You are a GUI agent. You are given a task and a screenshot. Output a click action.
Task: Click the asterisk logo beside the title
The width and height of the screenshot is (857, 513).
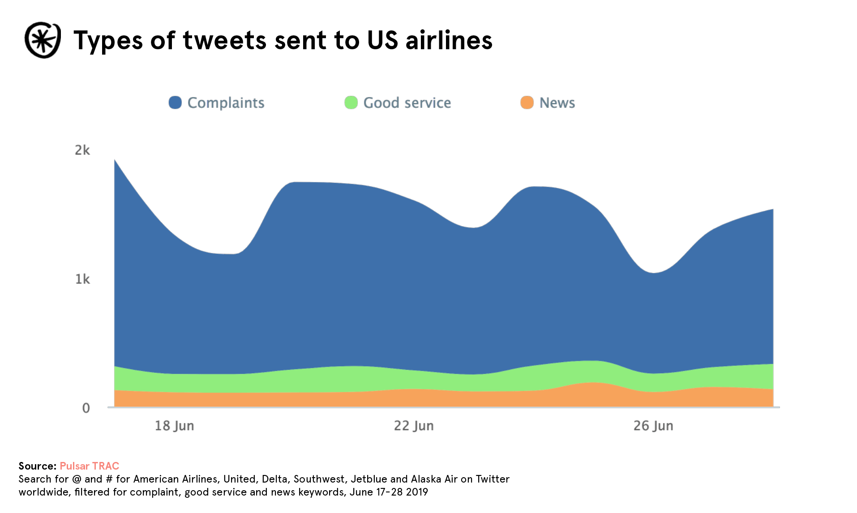[x=43, y=40]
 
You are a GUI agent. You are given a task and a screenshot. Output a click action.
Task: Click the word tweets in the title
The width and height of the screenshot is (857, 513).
[x=224, y=40]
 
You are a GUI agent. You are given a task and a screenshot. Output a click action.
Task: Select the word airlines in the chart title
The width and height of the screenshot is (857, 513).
[x=449, y=40]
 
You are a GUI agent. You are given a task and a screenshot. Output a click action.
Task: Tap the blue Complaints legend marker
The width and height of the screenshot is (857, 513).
[x=175, y=103]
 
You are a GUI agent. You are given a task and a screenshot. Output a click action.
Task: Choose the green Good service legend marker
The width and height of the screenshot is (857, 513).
[x=351, y=103]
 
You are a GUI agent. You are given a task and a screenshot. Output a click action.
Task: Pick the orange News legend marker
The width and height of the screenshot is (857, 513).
[x=527, y=103]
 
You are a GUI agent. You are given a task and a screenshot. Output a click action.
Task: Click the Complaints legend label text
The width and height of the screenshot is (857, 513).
[x=226, y=103]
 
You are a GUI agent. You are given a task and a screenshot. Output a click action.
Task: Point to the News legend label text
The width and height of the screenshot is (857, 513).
[x=557, y=103]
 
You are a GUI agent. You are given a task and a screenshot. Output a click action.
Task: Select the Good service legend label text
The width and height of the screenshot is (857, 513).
[x=407, y=103]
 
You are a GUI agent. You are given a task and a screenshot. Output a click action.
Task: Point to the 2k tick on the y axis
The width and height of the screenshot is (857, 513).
[x=82, y=150]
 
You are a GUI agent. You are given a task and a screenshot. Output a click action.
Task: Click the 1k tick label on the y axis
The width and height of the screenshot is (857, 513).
[x=82, y=279]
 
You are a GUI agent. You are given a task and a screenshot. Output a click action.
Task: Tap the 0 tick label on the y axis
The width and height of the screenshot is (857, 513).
[x=86, y=408]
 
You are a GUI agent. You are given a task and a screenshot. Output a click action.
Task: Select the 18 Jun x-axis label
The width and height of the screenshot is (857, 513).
[x=174, y=426]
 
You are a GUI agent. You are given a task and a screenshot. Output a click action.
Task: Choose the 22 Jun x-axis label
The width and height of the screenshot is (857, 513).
[x=414, y=426]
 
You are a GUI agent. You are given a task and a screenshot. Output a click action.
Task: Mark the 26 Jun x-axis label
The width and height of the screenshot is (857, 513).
[x=653, y=426]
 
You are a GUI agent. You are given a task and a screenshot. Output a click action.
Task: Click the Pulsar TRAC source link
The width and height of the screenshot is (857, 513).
[x=89, y=466]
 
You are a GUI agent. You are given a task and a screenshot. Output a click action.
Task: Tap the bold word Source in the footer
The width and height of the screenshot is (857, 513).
[x=37, y=466]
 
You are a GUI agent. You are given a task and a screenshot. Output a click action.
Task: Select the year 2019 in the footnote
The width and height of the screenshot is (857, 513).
[x=417, y=492]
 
